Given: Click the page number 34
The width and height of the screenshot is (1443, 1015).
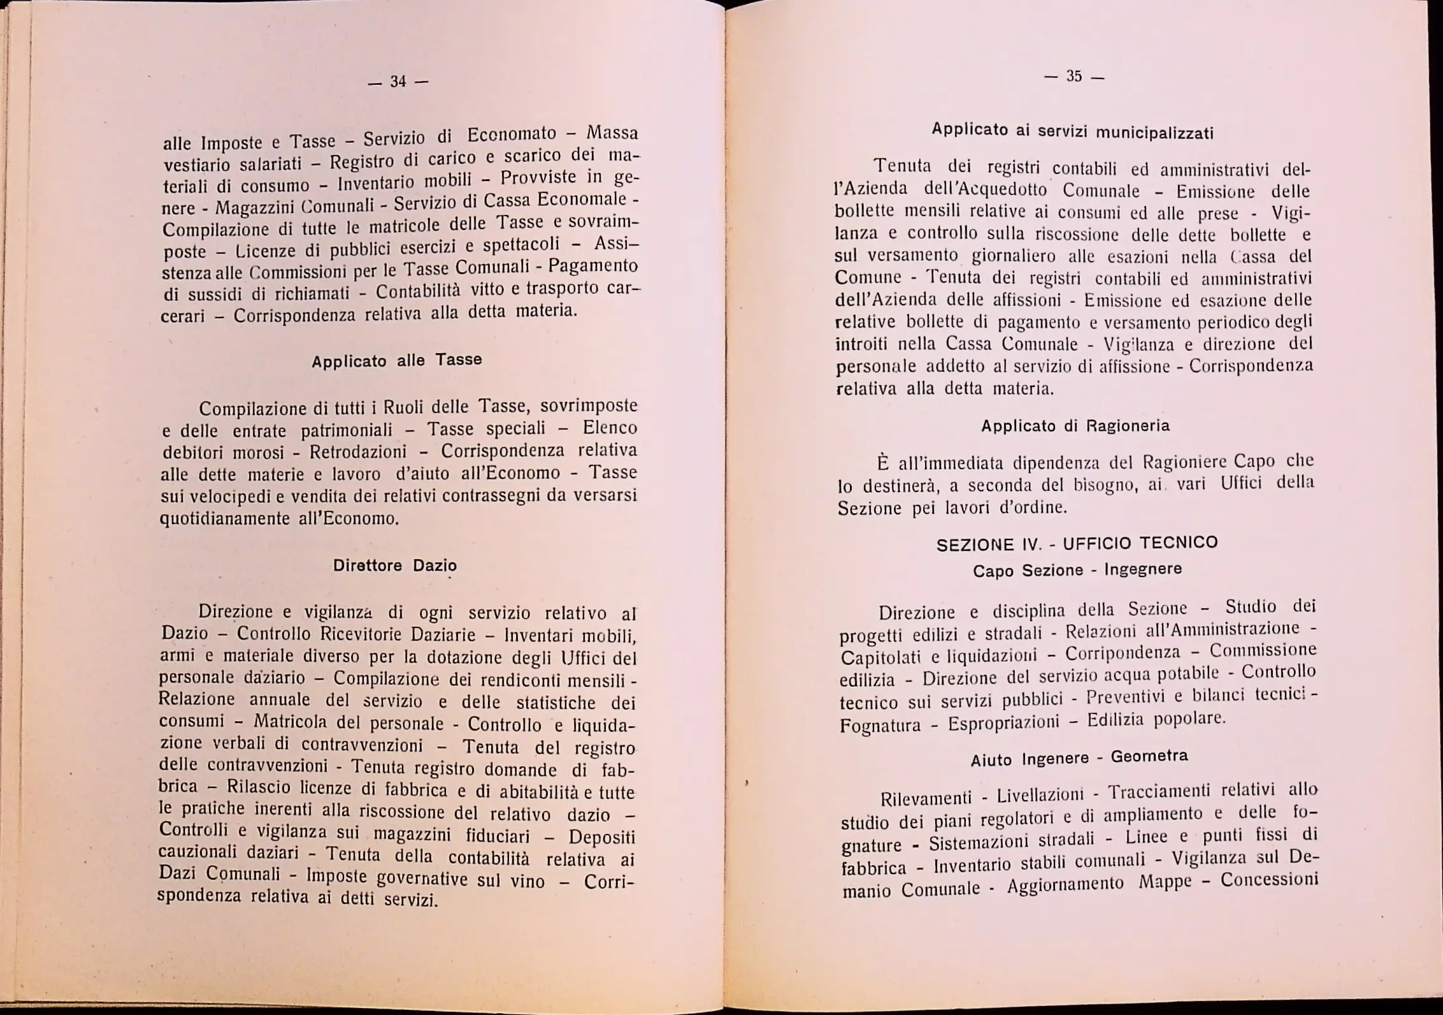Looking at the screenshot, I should [398, 82].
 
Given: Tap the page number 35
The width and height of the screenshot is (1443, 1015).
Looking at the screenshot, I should [1074, 77].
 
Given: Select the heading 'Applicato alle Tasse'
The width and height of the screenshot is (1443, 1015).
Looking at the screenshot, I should [396, 361].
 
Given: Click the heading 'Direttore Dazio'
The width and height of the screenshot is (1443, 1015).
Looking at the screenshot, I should [395, 566].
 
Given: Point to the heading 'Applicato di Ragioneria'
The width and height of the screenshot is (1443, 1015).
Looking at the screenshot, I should [1075, 426].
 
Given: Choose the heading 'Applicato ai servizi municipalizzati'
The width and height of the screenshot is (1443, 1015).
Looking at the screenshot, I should [1072, 131].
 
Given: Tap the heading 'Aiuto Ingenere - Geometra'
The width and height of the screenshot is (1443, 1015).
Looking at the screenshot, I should [1079, 758].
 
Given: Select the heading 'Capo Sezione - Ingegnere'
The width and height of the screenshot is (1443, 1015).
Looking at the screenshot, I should [1077, 569].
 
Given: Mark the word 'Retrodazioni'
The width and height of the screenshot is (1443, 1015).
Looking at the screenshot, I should [358, 453].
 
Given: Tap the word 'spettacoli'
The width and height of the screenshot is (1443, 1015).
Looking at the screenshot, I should [520, 245].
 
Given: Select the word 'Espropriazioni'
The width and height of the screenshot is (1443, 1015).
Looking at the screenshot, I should [1003, 724].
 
